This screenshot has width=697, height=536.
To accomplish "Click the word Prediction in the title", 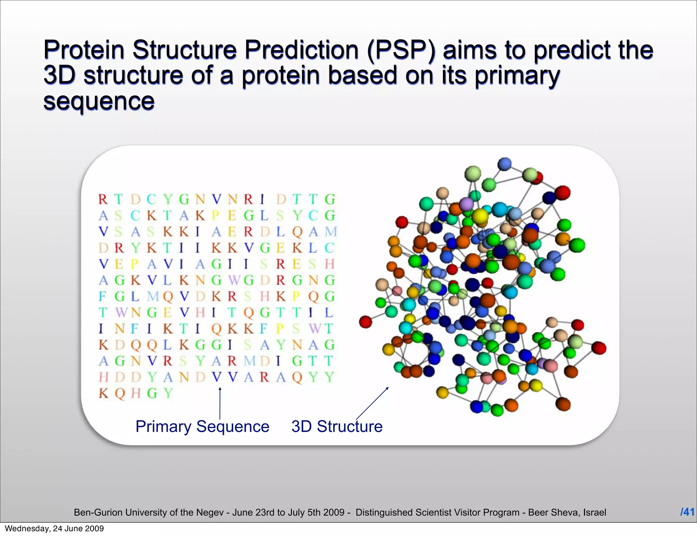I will (x=301, y=50).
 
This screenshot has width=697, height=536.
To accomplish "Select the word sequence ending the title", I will (x=99, y=101).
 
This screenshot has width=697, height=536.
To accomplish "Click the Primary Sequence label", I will (x=202, y=426).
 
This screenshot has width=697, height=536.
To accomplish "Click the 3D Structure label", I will (x=337, y=426).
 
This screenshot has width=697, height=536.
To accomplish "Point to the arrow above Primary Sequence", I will (x=220, y=403).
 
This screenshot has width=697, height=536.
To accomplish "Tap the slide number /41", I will (x=687, y=512).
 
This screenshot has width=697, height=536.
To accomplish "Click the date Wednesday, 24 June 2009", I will (x=54, y=529).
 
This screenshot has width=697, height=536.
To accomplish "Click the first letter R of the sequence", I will (x=103, y=200).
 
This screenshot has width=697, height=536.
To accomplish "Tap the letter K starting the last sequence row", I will (x=103, y=393).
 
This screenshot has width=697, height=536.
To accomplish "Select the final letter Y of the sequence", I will (x=168, y=393).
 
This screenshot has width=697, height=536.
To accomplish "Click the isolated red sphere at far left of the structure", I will (x=366, y=322).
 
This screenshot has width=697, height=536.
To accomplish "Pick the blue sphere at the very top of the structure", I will (x=504, y=164).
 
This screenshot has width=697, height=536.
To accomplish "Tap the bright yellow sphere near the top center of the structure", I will (x=480, y=216).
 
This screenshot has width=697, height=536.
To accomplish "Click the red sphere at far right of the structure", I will (x=599, y=348).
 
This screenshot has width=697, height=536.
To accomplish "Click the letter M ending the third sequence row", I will (x=330, y=232).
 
